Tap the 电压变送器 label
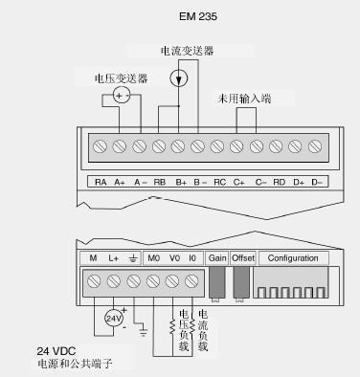coord(121,78)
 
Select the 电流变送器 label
coord(184,50)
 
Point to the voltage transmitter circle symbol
coord(121,96)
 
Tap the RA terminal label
coord(100,182)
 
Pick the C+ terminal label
coord(238,182)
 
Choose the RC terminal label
coord(219,182)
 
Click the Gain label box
coord(217,258)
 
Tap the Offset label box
coord(243,258)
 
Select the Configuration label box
coord(292,258)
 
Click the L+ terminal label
coord(113,258)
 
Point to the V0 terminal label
coord(173,258)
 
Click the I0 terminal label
coord(191,258)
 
